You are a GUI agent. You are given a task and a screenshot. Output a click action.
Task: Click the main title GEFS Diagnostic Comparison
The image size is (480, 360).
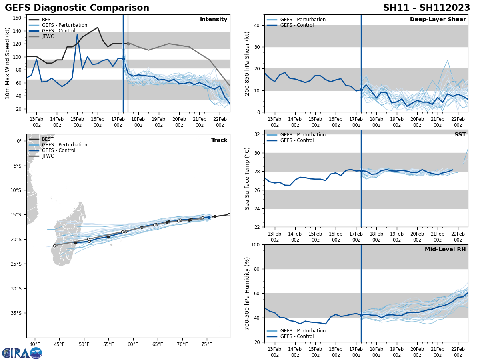coord(77,8)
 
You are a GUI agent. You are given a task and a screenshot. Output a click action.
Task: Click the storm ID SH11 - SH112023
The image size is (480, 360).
coord(426,8)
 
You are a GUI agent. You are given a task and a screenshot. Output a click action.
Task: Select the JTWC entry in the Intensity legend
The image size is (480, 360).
coord(48,36)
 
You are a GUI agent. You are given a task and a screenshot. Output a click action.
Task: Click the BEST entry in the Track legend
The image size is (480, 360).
coord(48,139)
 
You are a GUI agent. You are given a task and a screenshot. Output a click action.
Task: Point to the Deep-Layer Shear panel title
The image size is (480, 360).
coord(438,20)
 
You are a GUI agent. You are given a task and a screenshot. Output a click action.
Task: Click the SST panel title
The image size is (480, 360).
coord(460,135)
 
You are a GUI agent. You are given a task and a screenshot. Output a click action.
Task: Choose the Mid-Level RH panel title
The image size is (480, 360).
coord(445,250)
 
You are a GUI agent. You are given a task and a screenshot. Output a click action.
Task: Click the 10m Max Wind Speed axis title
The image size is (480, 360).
coord(8,63)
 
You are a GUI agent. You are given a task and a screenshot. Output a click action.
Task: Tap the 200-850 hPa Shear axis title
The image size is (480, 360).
coord(247,63)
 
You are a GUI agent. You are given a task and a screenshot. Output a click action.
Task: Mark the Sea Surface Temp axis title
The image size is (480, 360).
coord(247,178)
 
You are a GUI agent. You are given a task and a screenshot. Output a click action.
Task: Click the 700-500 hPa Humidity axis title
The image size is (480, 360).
coord(247,293)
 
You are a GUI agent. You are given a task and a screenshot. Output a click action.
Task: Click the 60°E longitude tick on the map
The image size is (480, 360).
coord(133,344)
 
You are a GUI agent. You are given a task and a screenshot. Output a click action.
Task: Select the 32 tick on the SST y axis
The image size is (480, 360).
coord(258,134)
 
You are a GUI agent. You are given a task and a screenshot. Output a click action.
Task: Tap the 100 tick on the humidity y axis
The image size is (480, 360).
coord(256,244)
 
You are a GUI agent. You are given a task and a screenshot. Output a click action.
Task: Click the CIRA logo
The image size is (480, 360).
coord(22,353)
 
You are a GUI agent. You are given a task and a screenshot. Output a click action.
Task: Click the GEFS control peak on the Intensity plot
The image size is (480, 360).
coord(77,34)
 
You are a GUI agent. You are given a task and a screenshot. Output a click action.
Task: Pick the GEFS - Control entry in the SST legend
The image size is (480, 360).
coord(302,140)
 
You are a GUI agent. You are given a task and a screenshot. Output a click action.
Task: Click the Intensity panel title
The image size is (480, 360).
coord(213,20)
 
